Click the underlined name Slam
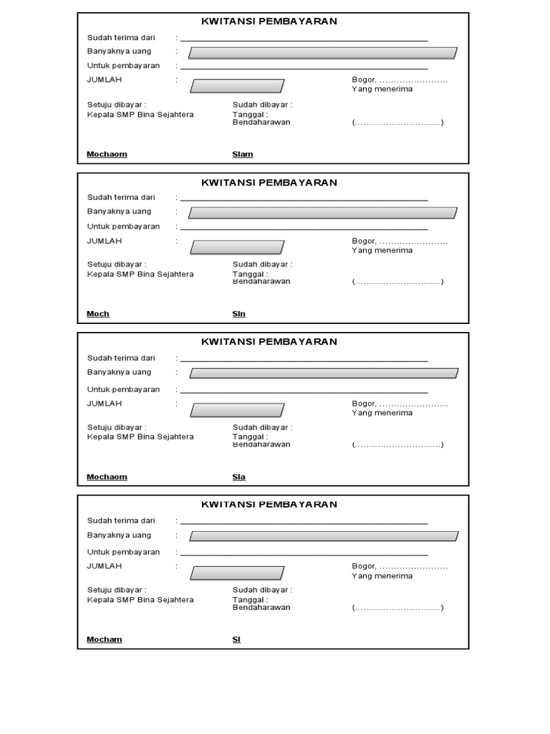click(243, 154)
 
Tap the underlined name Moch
click(98, 314)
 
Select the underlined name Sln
click(238, 314)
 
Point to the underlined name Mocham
click(105, 639)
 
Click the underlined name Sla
click(238, 477)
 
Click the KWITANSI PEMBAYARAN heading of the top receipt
click(269, 22)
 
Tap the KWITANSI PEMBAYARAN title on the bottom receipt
click(269, 505)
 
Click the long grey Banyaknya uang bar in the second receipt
click(322, 213)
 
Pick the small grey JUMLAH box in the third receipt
click(237, 410)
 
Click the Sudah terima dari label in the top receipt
click(121, 37)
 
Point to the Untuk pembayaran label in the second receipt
click(123, 227)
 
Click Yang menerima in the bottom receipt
click(382, 576)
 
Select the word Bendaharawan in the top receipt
click(261, 123)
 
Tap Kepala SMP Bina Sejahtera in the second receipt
click(140, 274)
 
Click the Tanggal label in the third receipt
click(250, 436)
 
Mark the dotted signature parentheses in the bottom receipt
click(397, 608)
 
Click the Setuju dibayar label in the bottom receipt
click(117, 590)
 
